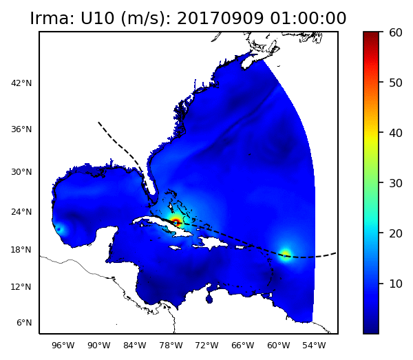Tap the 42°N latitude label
point(21,83)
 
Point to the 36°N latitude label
point(21,129)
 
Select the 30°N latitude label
point(21,172)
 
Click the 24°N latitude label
point(21,212)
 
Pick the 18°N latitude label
point(21,250)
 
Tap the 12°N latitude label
point(21,287)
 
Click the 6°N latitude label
point(23,323)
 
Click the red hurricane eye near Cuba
point(176,222)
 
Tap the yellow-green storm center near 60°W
point(285,255)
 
